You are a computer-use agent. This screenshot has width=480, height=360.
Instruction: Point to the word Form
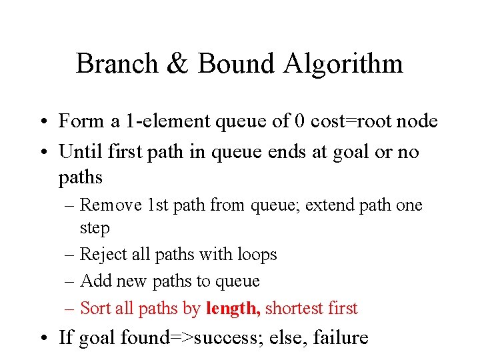click(x=79, y=121)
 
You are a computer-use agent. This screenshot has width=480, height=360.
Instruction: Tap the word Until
click(x=77, y=152)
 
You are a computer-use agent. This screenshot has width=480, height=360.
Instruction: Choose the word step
click(x=95, y=228)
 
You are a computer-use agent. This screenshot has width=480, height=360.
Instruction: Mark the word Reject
click(x=103, y=255)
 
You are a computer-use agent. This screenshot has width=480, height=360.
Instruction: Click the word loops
click(x=256, y=255)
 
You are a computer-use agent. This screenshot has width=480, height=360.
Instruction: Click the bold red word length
click(x=231, y=308)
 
